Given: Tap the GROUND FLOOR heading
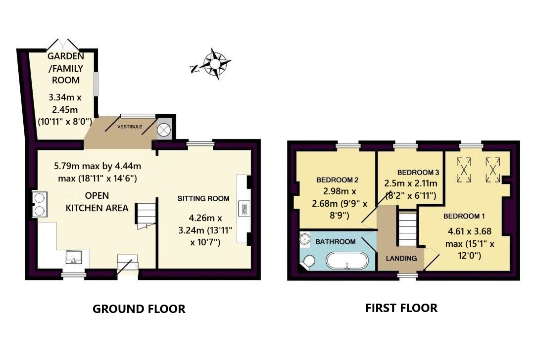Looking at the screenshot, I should (139, 309).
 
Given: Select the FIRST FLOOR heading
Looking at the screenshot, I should (401, 308).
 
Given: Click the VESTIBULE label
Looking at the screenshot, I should (129, 127).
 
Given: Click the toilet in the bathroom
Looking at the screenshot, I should (309, 262).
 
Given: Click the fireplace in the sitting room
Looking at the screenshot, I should (243, 209).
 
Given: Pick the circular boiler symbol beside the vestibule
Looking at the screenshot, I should (164, 130).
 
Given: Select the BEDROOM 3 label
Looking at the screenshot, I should (418, 173).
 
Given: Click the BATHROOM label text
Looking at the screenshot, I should (336, 242).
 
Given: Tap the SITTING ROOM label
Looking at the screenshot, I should (203, 198).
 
